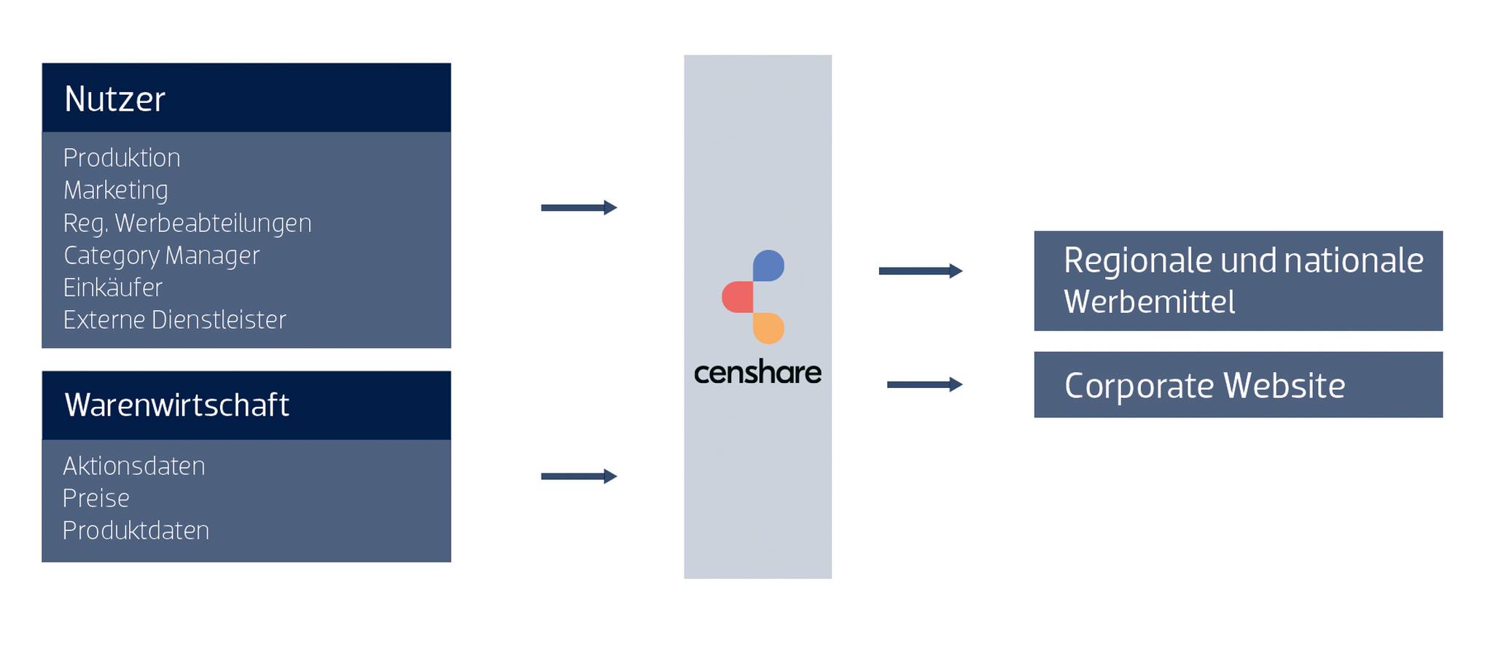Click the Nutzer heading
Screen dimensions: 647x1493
114,99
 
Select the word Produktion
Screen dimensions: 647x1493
122,158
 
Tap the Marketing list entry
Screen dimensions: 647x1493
116,190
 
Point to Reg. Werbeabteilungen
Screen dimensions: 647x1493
187,222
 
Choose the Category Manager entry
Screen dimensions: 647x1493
161,255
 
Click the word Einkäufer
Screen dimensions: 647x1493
113,287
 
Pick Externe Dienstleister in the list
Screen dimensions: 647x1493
174,319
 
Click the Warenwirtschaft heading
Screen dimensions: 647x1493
176,405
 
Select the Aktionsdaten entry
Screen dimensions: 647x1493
134,465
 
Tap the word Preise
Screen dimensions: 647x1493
96,497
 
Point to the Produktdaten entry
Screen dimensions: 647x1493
136,530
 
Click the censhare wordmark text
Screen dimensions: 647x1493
757,373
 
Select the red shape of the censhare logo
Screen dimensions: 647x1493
737,297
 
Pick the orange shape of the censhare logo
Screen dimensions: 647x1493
768,328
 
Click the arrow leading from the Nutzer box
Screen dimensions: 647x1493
579,208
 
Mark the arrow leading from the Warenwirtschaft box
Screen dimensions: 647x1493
579,476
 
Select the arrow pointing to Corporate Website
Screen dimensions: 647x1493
924,384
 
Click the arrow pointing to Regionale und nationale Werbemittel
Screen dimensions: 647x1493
920,271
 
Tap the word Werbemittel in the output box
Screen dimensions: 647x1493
1149,302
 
